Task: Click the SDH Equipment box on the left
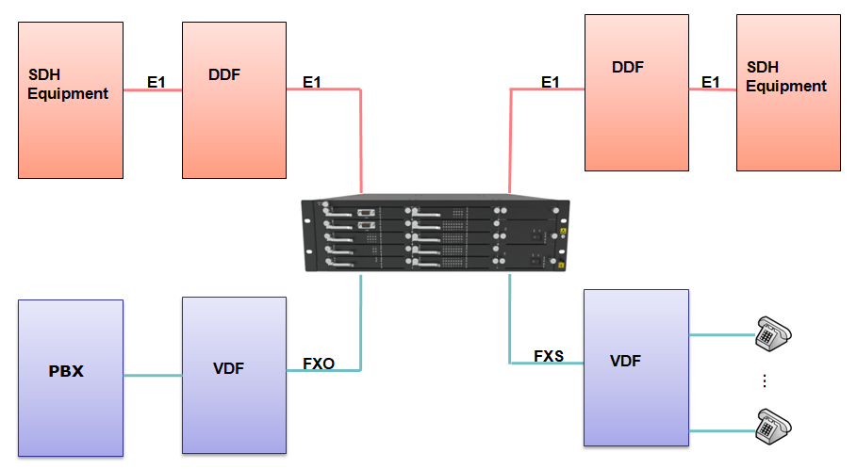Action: (70, 100)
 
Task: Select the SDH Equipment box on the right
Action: (788, 92)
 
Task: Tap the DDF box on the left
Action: (234, 100)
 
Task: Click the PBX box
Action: (70, 377)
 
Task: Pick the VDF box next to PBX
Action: (234, 375)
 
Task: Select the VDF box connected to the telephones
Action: (636, 367)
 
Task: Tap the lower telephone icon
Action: (773, 427)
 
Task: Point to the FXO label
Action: (319, 364)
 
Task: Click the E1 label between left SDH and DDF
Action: (157, 83)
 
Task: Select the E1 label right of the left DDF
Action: (312, 83)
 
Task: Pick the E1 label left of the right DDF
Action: (551, 83)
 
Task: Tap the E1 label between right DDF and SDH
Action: (711, 83)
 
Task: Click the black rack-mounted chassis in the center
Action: (435, 236)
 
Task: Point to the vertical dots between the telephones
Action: (765, 380)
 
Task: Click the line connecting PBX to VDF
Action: (152, 377)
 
